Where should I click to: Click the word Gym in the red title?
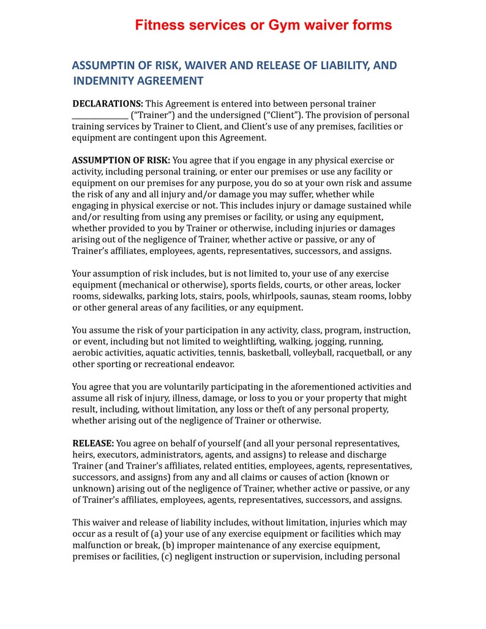pyautogui.click(x=282, y=25)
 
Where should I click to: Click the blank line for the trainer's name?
pyautogui.click(x=100, y=116)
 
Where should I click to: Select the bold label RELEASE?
pyautogui.click(x=93, y=443)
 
